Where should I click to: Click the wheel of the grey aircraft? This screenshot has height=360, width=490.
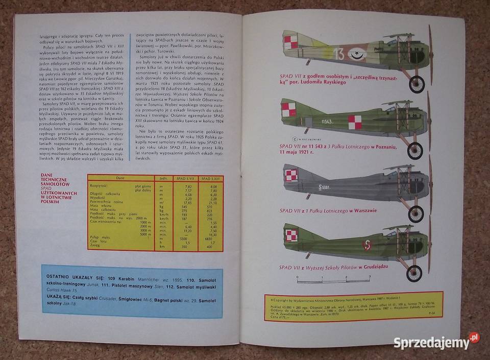click(416, 213)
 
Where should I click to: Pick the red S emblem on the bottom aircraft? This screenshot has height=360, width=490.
click(366, 246)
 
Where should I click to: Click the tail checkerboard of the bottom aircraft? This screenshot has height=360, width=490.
click(291, 236)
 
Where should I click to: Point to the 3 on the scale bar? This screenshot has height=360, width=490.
click(369, 277)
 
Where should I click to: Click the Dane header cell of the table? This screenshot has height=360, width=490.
click(120, 178)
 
